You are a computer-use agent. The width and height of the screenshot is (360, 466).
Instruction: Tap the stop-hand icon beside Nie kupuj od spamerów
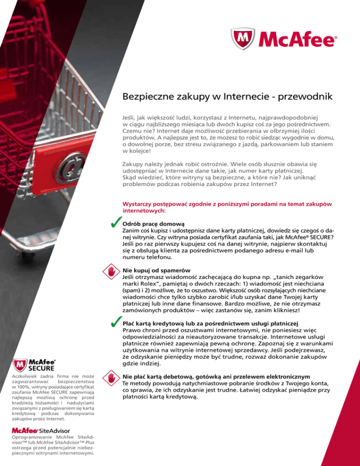(x=112, y=272)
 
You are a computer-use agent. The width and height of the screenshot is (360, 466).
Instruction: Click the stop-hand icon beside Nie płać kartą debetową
(x=112, y=378)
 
